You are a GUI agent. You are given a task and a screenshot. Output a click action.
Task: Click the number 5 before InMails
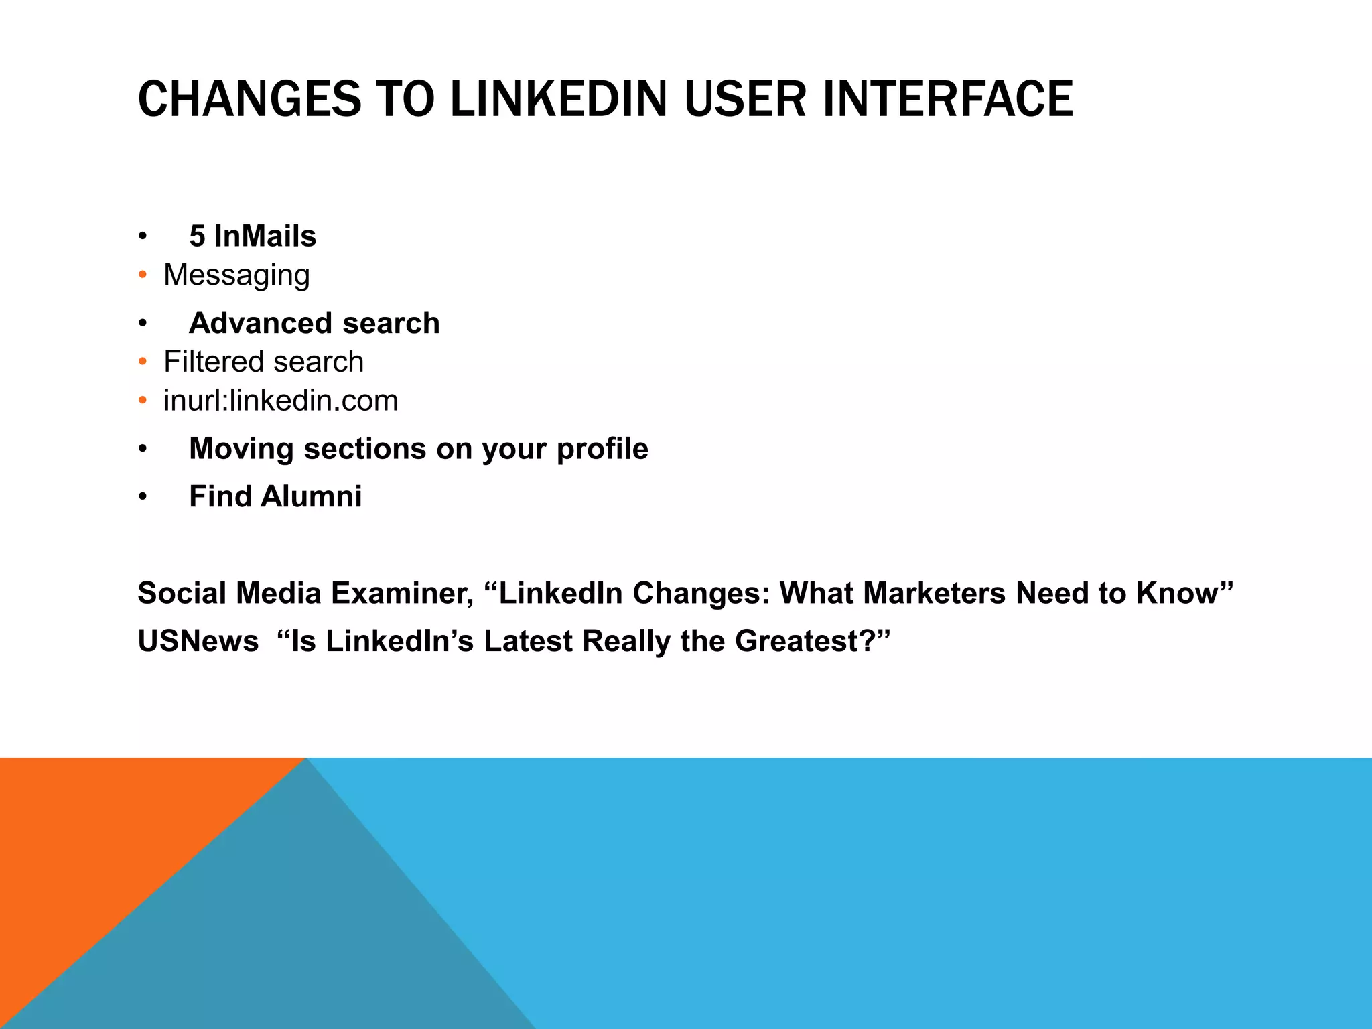pyautogui.click(x=197, y=236)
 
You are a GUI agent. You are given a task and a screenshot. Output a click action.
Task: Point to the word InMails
pyautogui.click(x=265, y=236)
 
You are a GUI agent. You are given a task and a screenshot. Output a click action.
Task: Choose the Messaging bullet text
pyautogui.click(x=236, y=275)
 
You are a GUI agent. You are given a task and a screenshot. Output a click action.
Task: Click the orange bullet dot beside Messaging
pyautogui.click(x=142, y=275)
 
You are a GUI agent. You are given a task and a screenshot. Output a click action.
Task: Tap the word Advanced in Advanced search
pyautogui.click(x=261, y=323)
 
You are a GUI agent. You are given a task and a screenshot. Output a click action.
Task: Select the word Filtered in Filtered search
pyautogui.click(x=214, y=362)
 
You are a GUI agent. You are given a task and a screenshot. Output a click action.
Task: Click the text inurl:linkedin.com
pyautogui.click(x=281, y=401)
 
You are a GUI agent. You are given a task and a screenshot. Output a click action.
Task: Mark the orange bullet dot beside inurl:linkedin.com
pyautogui.click(x=142, y=401)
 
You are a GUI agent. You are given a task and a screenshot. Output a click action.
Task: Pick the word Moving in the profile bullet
pyautogui.click(x=241, y=449)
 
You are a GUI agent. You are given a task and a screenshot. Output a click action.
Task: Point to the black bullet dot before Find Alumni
pyautogui.click(x=142, y=497)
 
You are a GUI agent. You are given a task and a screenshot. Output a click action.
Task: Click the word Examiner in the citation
pyautogui.click(x=402, y=594)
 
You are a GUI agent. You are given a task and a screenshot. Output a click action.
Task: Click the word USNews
pyautogui.click(x=198, y=642)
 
